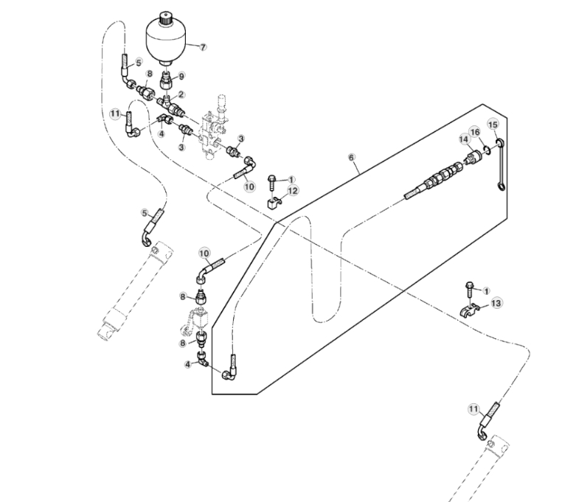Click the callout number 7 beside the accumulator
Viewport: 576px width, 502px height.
(203, 46)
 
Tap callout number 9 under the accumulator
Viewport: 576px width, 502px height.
(181, 76)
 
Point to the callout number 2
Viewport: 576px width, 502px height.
(181, 94)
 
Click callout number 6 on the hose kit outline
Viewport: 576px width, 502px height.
(352, 158)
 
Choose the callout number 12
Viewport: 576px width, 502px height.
(294, 191)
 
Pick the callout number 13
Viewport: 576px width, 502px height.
(496, 302)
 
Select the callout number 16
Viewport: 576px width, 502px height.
(476, 131)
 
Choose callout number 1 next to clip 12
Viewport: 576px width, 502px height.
(291, 179)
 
